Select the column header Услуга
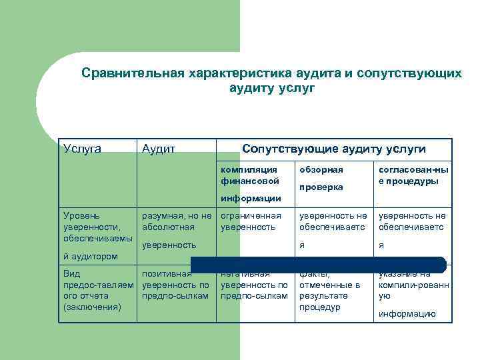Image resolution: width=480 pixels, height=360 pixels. point(82,148)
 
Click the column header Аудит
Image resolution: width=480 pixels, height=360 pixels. point(159,149)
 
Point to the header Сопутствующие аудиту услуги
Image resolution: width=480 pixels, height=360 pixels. point(333,148)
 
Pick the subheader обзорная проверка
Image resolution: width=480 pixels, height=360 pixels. point(321,179)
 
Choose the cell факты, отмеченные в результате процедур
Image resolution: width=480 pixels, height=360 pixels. point(329,291)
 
